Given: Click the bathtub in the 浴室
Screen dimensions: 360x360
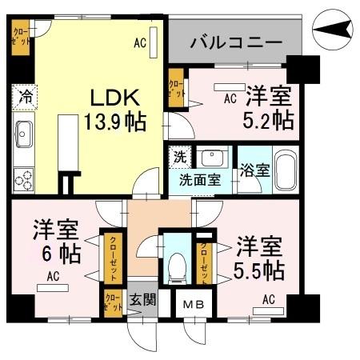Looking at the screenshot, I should point(285,170).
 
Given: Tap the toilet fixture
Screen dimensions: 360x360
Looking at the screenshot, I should point(174,267).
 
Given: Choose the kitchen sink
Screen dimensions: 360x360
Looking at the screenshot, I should point(22,131).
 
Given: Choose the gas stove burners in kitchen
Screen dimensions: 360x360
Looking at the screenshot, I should point(22,177).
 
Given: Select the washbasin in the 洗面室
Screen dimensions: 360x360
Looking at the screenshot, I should point(212,157).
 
